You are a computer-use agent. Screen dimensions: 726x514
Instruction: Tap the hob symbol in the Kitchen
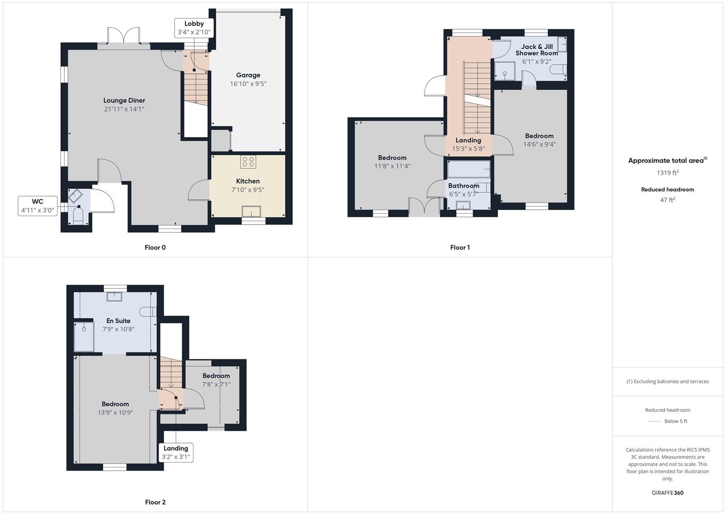tap(248, 162)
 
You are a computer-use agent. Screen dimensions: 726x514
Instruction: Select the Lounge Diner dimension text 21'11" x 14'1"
tap(124, 109)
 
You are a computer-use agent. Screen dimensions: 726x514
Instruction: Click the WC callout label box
tap(38, 206)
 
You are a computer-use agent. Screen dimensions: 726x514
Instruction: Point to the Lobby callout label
tap(194, 28)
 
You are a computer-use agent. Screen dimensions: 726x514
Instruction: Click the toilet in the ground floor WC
tap(78, 216)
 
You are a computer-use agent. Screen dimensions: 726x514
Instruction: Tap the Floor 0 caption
tap(155, 247)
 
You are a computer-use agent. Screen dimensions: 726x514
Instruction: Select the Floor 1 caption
tap(460, 247)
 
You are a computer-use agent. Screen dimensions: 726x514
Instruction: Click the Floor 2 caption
tap(155, 502)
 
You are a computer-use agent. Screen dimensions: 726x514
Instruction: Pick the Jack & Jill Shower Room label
tap(537, 50)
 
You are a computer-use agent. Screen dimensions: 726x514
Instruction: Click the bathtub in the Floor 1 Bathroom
tap(469, 169)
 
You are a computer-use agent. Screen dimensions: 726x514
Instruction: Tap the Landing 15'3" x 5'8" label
tap(469, 144)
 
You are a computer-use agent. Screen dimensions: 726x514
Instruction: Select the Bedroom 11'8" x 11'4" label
tap(392, 162)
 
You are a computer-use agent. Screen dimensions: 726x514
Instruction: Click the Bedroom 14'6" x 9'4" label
tap(539, 140)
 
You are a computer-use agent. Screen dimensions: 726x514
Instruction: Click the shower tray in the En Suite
tap(84, 337)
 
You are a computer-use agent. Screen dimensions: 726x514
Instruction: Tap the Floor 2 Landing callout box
tap(176, 452)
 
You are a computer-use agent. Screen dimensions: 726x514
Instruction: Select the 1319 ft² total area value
tap(668, 173)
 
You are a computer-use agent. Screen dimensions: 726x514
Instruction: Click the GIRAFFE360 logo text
tap(668, 493)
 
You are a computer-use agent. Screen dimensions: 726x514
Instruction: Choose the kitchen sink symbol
tap(251, 211)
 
